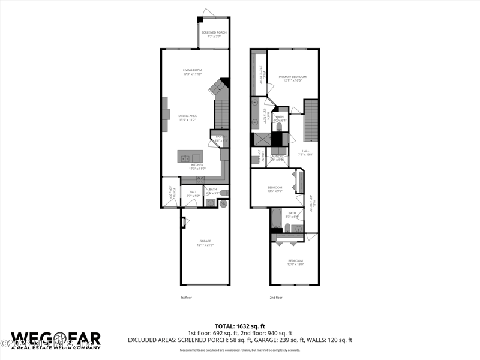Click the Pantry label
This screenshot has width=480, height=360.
220,139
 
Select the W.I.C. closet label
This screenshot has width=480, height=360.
262,75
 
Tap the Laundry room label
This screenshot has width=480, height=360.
277,157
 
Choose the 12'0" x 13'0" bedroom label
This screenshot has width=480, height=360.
295,262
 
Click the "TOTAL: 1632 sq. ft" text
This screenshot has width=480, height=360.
240,326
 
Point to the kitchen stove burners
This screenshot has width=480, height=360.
201,179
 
